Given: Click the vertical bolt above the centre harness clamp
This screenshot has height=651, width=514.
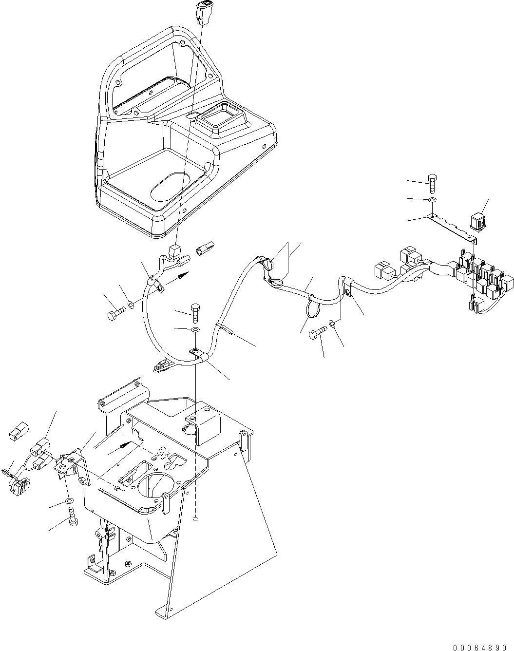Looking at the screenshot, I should click(195, 312).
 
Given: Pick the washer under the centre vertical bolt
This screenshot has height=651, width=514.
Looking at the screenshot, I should click(195, 330).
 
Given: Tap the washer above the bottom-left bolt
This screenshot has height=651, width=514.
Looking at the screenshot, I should click(69, 500).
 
